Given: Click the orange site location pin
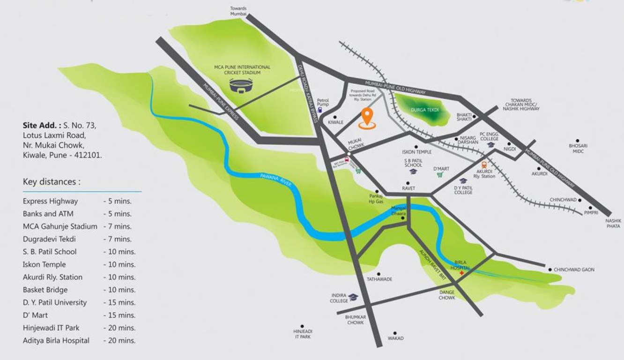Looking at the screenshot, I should click(x=367, y=117).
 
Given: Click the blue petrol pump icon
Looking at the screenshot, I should click(x=320, y=110).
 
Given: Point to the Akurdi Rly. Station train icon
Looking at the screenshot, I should click(x=484, y=165).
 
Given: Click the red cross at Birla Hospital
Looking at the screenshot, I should click(x=462, y=272).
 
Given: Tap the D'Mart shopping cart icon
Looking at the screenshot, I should click(x=440, y=175).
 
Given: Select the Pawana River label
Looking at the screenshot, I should click(x=276, y=181).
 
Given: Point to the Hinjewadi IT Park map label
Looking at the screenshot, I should click(x=302, y=334).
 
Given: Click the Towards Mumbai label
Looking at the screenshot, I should click(x=238, y=11).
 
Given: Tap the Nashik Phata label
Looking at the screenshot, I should click(x=613, y=223).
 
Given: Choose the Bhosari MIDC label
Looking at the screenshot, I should click(x=578, y=149).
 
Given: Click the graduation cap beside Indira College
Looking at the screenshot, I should click(x=353, y=297).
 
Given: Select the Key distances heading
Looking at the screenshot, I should click(x=52, y=182).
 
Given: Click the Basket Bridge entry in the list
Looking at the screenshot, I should click(x=45, y=290).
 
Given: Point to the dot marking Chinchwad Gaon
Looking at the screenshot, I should click(x=550, y=270).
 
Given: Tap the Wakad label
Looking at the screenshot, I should click(x=395, y=338).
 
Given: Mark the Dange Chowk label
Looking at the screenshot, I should click(x=446, y=295).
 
